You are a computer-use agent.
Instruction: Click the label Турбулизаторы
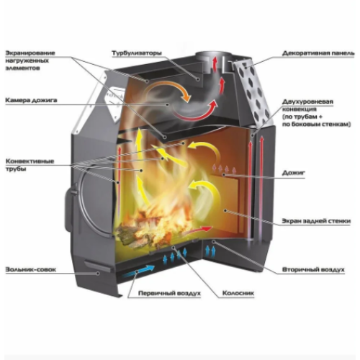[x=137, y=53]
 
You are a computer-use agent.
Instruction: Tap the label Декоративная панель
[x=318, y=53]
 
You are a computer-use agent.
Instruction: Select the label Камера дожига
[x=31, y=100]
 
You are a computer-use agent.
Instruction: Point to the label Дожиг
[x=293, y=173]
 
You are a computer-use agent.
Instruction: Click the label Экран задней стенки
[x=316, y=221]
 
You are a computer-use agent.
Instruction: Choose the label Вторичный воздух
[x=313, y=269]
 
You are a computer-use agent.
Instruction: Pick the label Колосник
[x=238, y=293]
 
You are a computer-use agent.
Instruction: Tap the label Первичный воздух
[x=169, y=293]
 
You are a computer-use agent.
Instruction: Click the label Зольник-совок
[x=31, y=269]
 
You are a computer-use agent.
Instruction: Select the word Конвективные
[x=30, y=161]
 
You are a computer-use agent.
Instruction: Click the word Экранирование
[x=30, y=53]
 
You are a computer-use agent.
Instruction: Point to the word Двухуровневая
[x=307, y=102]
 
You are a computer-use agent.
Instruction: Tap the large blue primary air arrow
[x=139, y=271]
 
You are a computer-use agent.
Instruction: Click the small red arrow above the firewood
[x=200, y=230]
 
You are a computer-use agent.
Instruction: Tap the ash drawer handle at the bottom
[x=99, y=266]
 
